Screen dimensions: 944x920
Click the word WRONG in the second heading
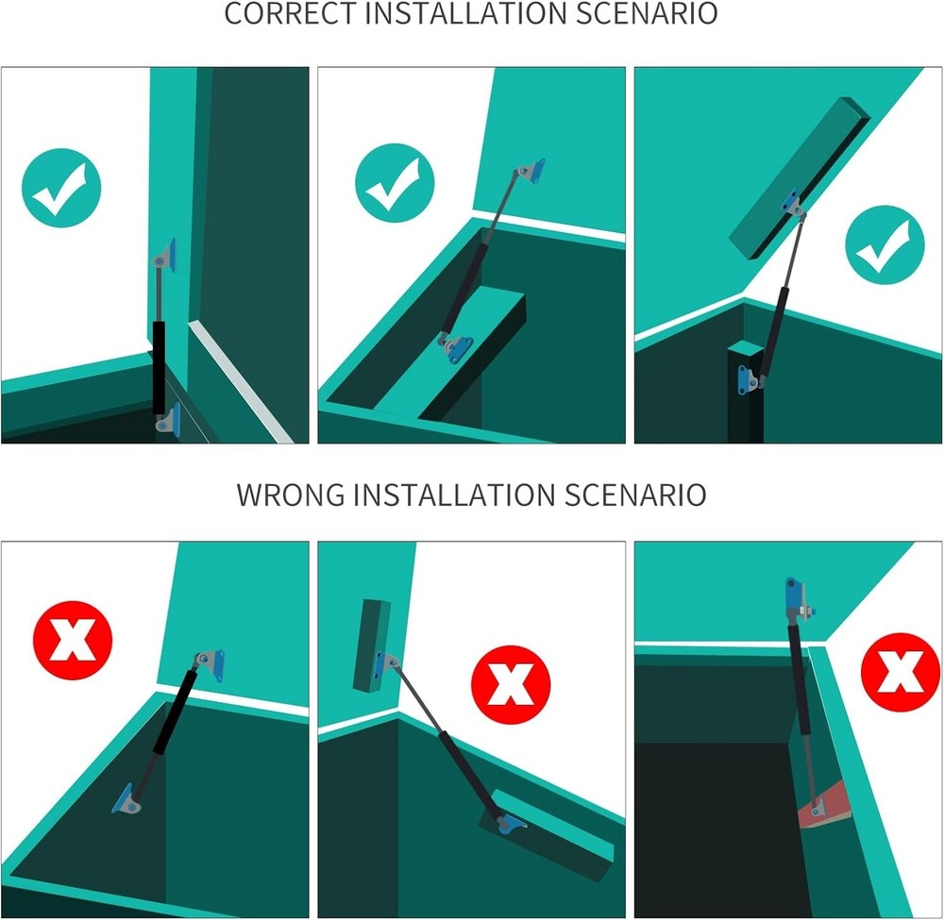pyautogui.click(x=291, y=494)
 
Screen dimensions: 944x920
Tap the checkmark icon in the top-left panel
pyautogui.click(x=60, y=188)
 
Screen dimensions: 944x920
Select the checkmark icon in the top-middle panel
pyautogui.click(x=395, y=183)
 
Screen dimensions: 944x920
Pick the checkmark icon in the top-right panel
pyautogui.click(x=885, y=245)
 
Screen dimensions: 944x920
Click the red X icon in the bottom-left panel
pyautogui.click(x=73, y=640)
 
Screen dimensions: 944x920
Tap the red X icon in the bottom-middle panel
pyautogui.click(x=511, y=685)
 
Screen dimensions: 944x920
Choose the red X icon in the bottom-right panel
pyautogui.click(x=901, y=672)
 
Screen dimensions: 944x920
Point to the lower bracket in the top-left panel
pyautogui.click(x=169, y=419)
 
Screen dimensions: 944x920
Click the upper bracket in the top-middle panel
pyautogui.click(x=531, y=171)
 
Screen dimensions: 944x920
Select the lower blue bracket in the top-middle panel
pyautogui.click(x=456, y=349)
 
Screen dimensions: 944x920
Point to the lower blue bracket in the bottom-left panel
pyautogui.click(x=126, y=799)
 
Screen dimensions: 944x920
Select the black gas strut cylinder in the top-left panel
pyautogui.click(x=159, y=368)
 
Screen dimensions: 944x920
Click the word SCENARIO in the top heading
pyautogui.click(x=647, y=13)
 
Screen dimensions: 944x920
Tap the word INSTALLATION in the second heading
pyautogui.click(x=455, y=494)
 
